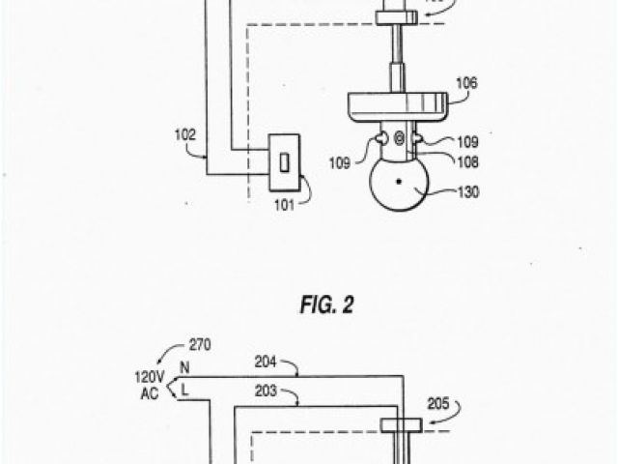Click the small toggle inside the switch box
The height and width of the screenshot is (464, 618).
(x=285, y=161)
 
